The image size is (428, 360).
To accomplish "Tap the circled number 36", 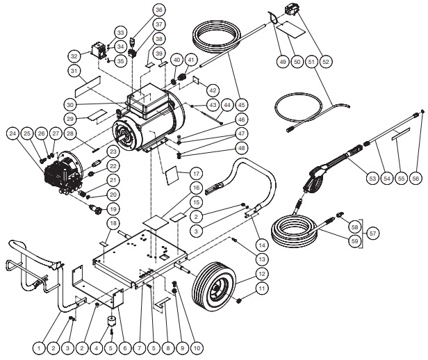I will click(x=159, y=10).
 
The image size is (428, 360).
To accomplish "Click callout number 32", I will click(x=74, y=56).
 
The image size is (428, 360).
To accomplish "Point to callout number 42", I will click(x=213, y=90).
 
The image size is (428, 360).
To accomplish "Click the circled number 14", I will click(x=263, y=245).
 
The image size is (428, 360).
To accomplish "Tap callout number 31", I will click(x=74, y=71).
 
